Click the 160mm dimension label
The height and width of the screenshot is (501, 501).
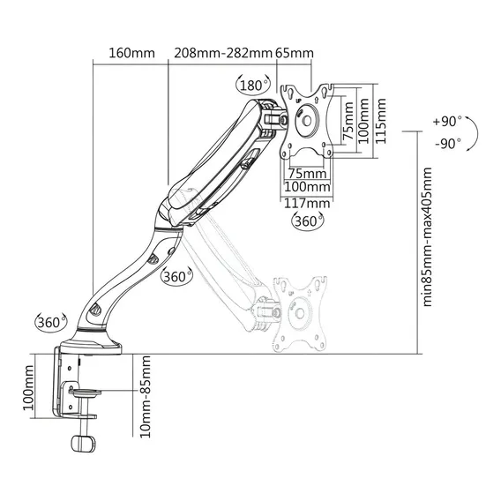(132, 53)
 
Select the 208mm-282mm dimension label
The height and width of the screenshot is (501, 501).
(222, 53)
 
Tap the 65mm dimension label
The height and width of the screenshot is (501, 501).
(295, 53)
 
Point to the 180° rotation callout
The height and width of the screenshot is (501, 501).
(253, 86)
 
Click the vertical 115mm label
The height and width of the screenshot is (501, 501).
(380, 121)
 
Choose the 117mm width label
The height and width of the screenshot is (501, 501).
(307, 203)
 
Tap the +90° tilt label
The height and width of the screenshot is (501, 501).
(447, 122)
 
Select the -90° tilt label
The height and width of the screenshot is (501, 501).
(448, 144)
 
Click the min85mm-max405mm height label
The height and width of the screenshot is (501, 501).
(427, 236)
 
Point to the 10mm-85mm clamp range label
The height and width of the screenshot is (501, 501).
(146, 397)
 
